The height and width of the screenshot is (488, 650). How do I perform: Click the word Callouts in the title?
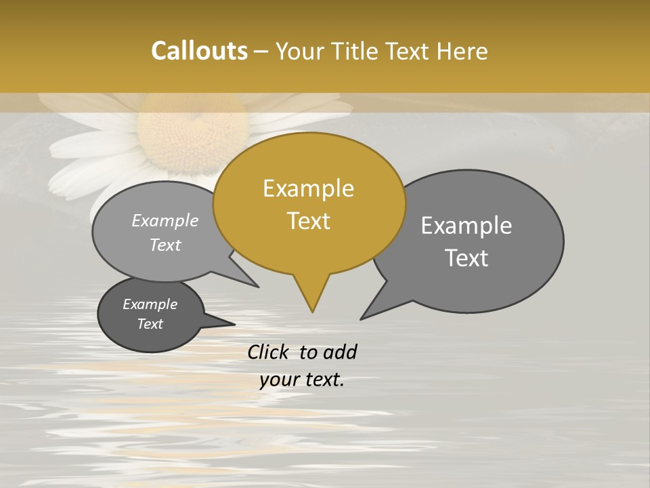click(x=199, y=51)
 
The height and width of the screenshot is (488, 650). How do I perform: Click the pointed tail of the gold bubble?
click(x=311, y=298)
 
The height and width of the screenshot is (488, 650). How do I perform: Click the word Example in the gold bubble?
click(x=308, y=188)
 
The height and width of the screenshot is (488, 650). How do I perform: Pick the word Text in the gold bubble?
click(x=309, y=221)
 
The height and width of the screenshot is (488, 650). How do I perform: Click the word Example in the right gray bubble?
click(x=467, y=226)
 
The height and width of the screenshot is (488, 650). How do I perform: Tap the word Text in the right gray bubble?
click(x=467, y=258)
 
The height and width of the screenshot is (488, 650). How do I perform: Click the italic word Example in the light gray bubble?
click(x=165, y=221)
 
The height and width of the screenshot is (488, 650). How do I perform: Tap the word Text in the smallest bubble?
click(x=150, y=324)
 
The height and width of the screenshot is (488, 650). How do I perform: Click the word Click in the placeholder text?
click(x=269, y=352)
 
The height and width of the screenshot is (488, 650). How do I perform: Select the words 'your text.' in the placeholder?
click(x=302, y=380)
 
